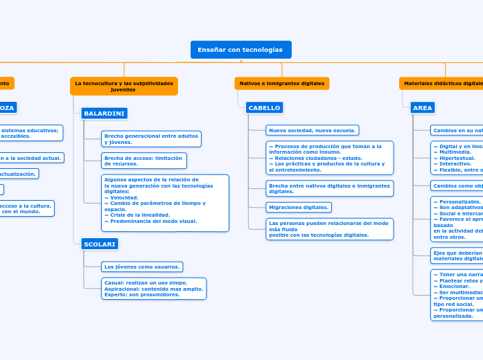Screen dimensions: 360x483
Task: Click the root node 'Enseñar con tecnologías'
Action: click(x=240, y=50)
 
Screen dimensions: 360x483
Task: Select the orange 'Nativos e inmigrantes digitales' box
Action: click(x=281, y=83)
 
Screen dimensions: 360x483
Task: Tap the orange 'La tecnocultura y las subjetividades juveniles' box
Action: click(x=123, y=86)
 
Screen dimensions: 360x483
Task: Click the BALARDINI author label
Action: click(x=104, y=113)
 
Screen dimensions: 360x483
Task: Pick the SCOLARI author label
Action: click(x=100, y=244)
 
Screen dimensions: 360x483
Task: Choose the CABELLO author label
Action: click(x=264, y=107)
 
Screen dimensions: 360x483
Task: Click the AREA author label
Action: click(x=422, y=107)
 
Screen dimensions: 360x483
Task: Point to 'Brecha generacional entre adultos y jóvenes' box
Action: click(x=151, y=139)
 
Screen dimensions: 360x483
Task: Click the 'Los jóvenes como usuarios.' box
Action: click(x=142, y=267)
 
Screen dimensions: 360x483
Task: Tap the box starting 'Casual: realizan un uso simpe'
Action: click(x=154, y=288)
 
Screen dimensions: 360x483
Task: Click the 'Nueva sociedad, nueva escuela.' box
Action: click(x=312, y=130)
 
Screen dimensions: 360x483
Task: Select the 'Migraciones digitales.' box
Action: click(x=299, y=207)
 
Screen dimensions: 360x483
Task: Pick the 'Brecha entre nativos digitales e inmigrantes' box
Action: click(x=329, y=188)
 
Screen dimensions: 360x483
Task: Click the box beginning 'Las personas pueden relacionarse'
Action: click(x=329, y=229)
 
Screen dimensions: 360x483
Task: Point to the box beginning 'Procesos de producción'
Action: click(x=329, y=158)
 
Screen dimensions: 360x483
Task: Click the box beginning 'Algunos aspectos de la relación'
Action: click(x=165, y=202)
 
